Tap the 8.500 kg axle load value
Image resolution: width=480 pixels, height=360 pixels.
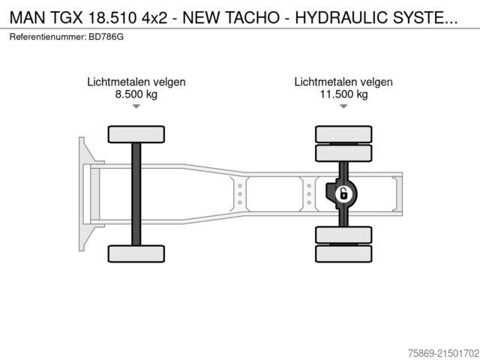[136, 94]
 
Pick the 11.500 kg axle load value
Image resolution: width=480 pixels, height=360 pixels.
[343, 94]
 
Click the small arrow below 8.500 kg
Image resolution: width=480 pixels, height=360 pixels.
[136, 107]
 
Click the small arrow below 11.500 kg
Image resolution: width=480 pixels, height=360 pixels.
[343, 107]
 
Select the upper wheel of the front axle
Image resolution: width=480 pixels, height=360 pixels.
[136, 134]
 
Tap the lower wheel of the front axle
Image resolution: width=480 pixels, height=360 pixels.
[136, 253]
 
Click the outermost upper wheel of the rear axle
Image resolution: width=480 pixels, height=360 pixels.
[343, 134]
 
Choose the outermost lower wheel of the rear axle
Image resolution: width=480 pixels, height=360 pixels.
[343, 254]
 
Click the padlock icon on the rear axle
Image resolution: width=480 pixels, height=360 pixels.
[343, 194]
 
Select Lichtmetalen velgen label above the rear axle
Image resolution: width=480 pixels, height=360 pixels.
[343, 82]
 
